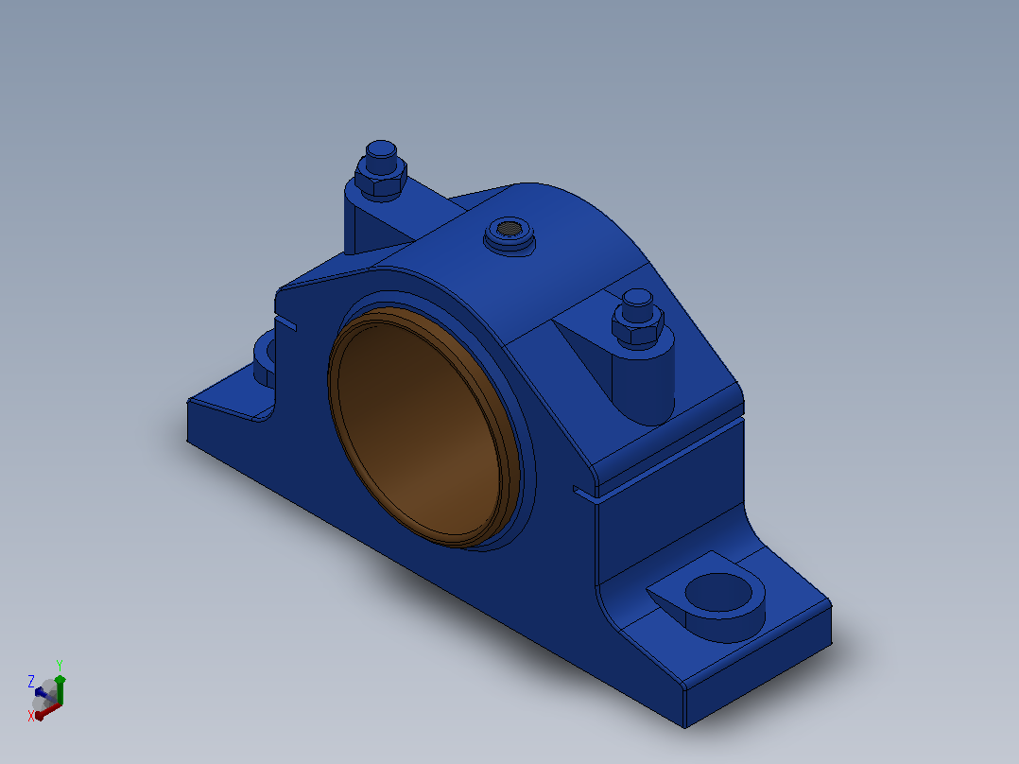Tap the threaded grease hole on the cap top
tap(509, 228)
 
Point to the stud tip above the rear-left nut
tap(382, 156)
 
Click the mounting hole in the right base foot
tap(718, 592)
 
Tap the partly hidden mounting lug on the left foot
tap(265, 358)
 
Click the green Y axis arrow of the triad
tap(60, 689)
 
